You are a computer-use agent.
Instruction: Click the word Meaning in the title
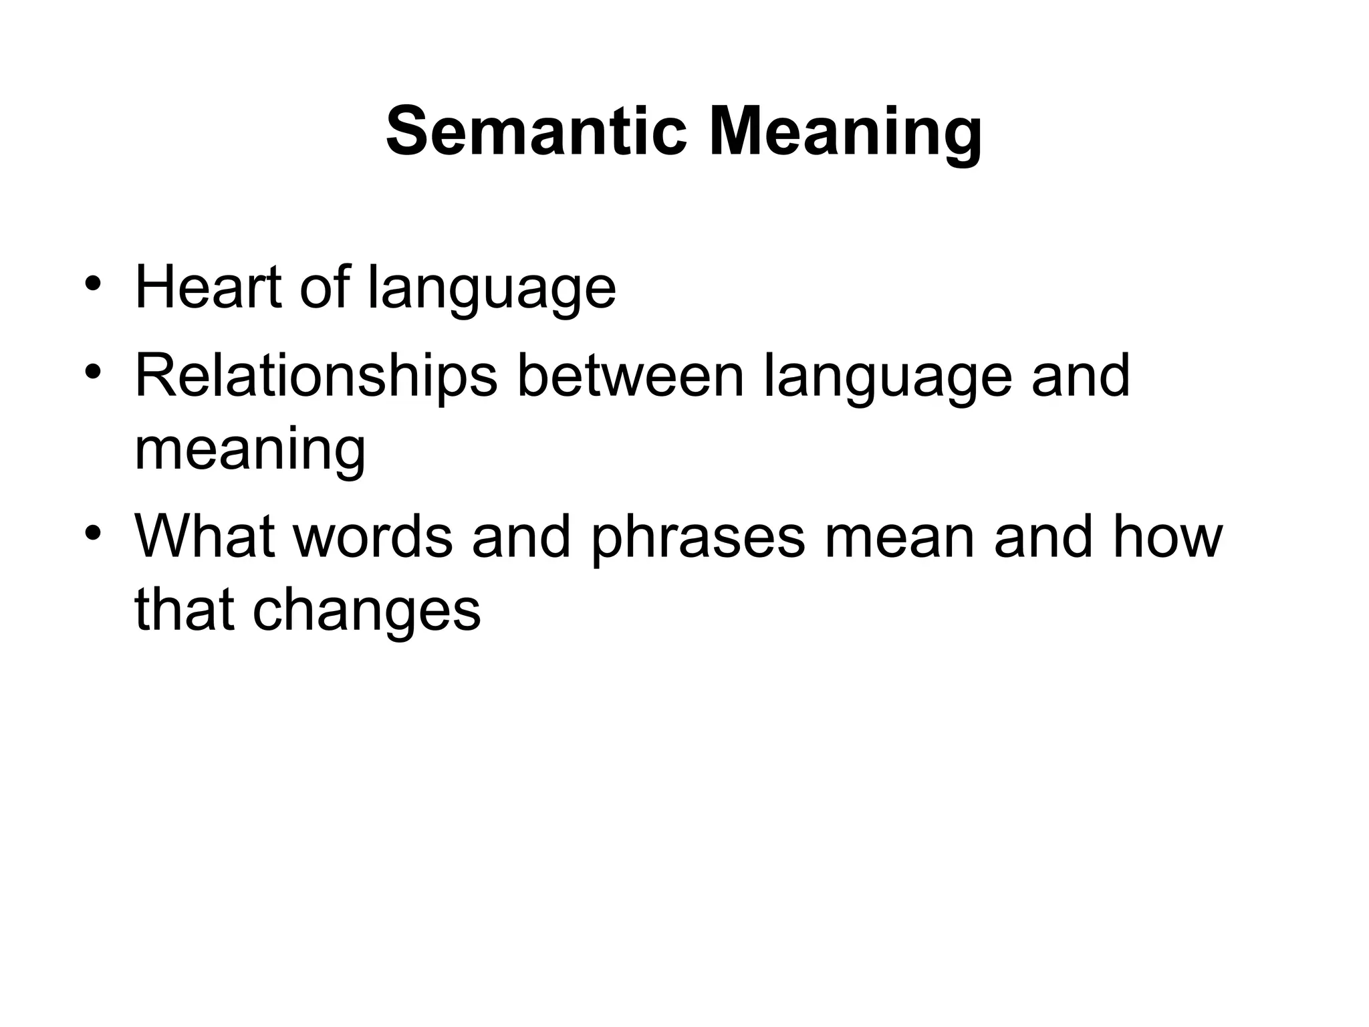[846, 134]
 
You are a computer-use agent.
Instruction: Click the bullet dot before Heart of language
[93, 283]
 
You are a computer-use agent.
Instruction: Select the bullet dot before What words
[93, 533]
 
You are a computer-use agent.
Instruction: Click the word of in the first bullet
[324, 288]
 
